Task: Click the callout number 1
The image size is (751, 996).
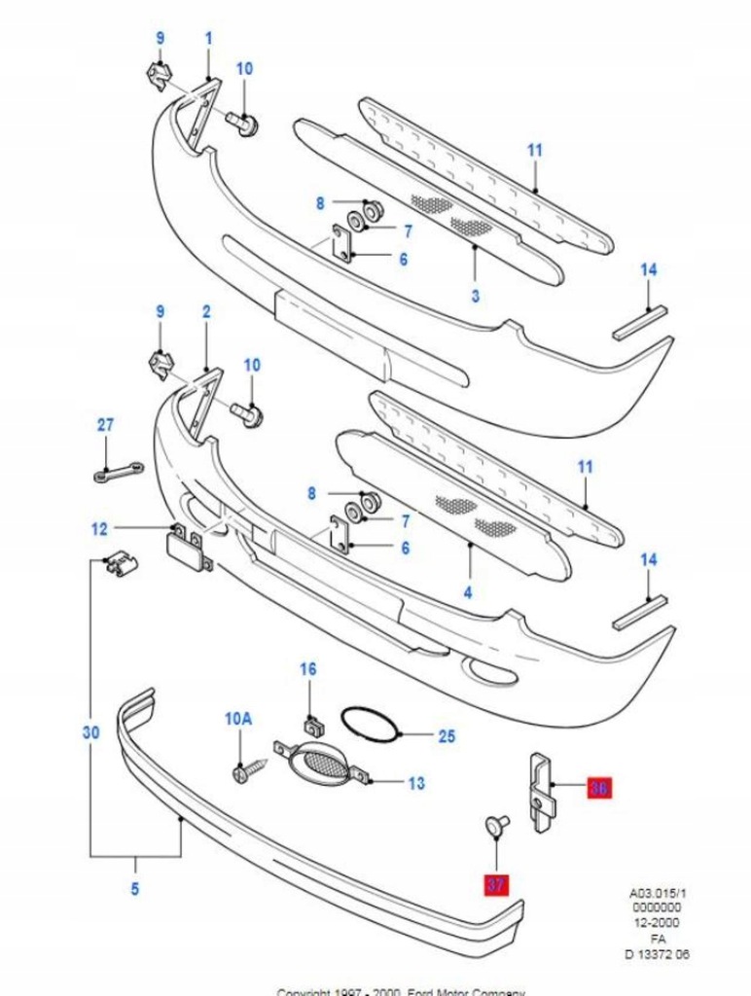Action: [207, 38]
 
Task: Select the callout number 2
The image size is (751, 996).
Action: [206, 312]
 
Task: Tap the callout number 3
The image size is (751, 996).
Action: [475, 296]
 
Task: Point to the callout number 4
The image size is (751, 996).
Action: [468, 590]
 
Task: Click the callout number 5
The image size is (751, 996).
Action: [134, 887]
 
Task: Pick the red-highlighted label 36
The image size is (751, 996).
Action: [598, 789]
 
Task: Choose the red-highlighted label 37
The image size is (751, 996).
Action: [496, 884]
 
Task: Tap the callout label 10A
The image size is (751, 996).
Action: [238, 719]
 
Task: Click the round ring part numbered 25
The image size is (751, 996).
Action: [369, 725]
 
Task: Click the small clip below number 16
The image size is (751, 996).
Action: [311, 724]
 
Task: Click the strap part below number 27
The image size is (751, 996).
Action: [116, 472]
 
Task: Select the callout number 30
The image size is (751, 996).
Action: [90, 732]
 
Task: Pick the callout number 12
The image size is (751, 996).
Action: [99, 529]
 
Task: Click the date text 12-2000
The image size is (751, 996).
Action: [658, 922]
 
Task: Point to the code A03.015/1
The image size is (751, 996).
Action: [658, 891]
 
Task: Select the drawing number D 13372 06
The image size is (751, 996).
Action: [658, 953]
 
